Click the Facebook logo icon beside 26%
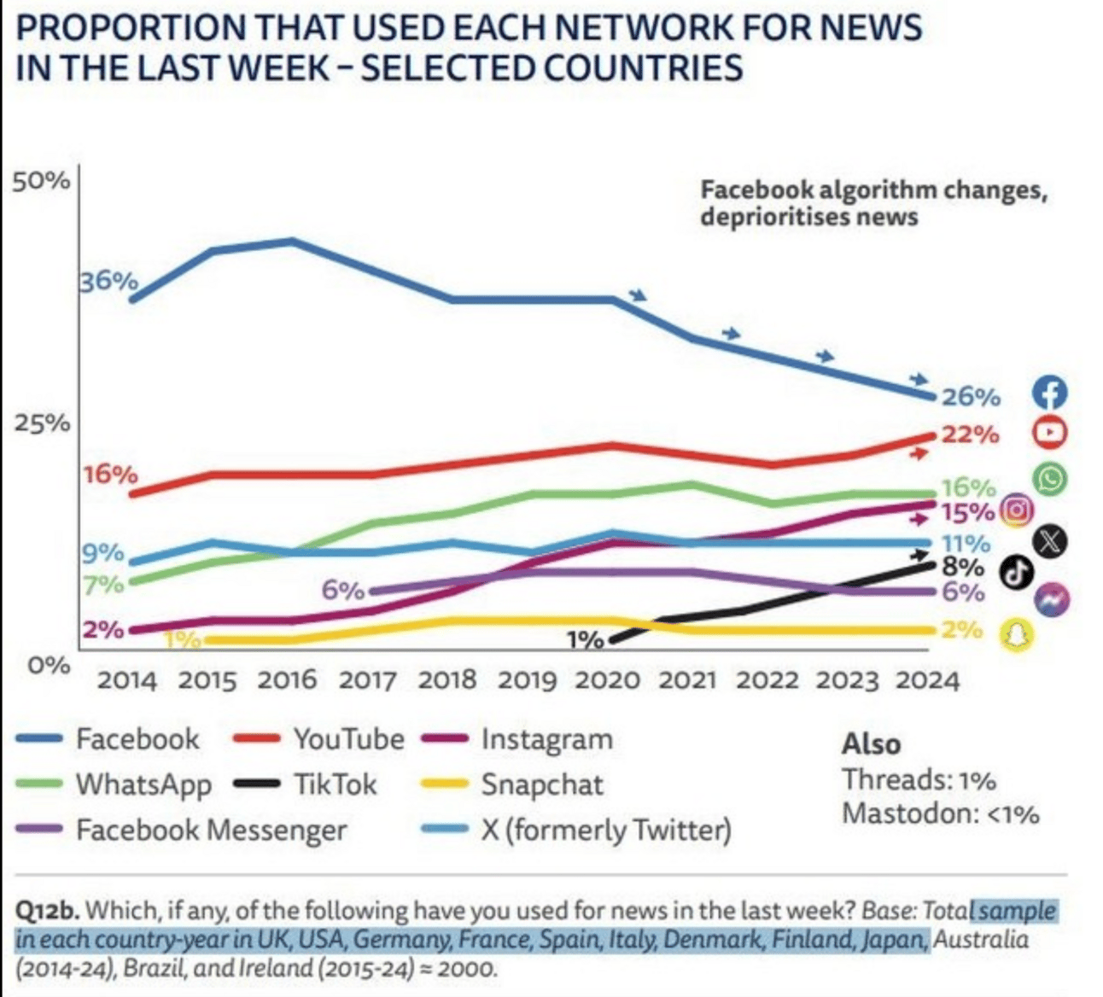pos(1050,392)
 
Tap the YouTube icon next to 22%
pos(1049,432)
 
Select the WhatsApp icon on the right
pos(1049,478)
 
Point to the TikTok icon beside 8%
pos(1016,572)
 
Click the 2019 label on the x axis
pos(527,680)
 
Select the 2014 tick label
pos(126,680)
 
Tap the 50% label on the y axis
pos(40,181)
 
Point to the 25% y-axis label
pos(40,423)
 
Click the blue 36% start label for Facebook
pos(108,281)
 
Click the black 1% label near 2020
pos(586,639)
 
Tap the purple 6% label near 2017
pos(343,590)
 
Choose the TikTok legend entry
pos(335,784)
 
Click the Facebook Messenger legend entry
pos(211,830)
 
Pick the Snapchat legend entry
pos(541,784)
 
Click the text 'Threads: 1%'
pos(919,779)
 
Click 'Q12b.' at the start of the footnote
pos(48,911)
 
